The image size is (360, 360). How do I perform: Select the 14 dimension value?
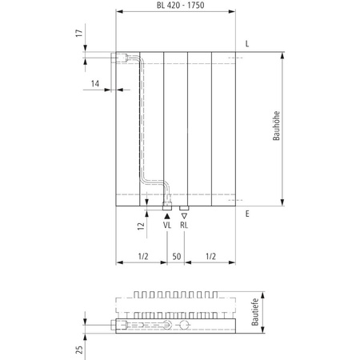(95, 83)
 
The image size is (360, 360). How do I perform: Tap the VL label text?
(166, 226)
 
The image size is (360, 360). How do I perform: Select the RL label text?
(184, 226)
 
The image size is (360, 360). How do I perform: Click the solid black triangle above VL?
(166, 215)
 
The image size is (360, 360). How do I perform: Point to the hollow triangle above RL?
(184, 215)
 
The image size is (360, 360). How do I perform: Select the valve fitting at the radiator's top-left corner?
(126, 58)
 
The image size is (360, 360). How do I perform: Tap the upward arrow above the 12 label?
(146, 212)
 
